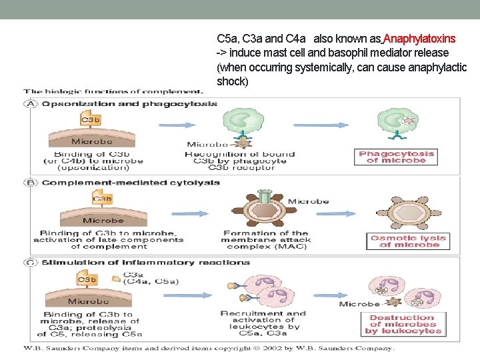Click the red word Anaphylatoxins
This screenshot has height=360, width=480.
pos(419,39)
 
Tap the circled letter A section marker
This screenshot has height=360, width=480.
pos(31,104)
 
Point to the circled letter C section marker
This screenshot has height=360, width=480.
pos(31,263)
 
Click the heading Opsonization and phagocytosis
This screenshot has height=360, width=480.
pos(129,104)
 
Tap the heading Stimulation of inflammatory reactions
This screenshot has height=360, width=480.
pos(145,263)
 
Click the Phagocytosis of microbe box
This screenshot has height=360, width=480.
pos(397,157)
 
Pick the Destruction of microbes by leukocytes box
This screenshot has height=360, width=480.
pos(405,325)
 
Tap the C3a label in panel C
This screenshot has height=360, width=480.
pos(133,274)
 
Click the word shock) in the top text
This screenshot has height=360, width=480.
pos(232,81)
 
